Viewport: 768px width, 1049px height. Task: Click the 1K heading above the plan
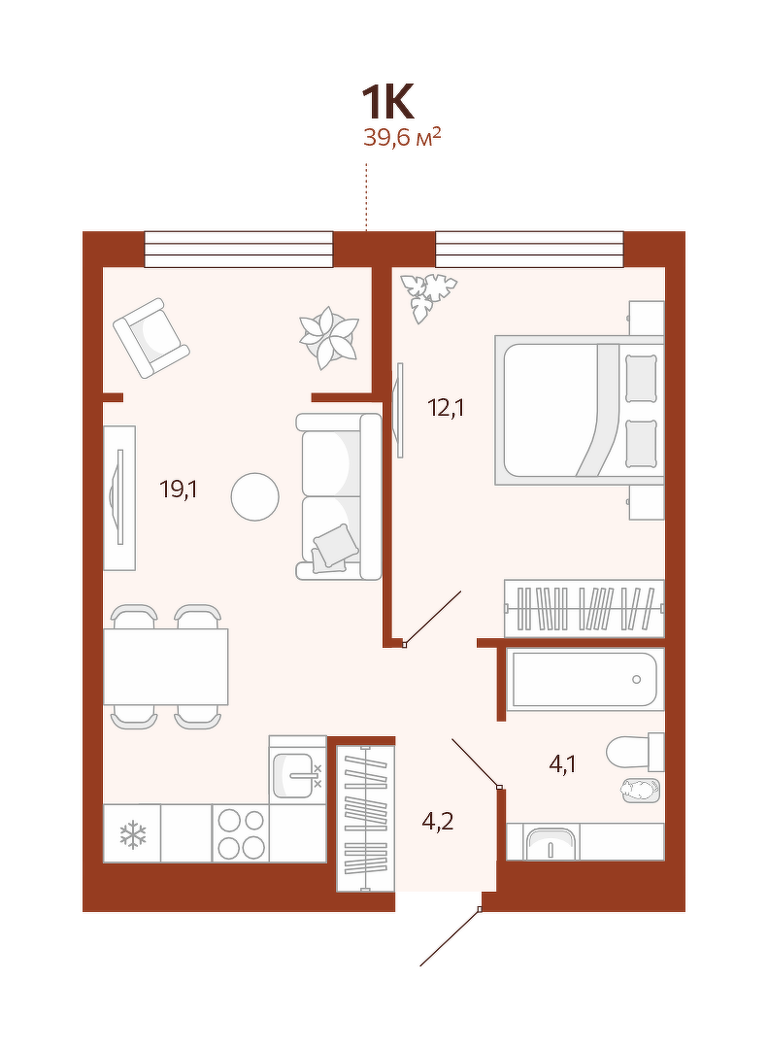pyautogui.click(x=388, y=103)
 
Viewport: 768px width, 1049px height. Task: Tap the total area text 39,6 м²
pyautogui.click(x=401, y=137)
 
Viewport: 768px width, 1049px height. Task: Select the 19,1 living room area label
pyautogui.click(x=179, y=490)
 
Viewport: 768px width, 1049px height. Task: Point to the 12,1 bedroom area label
pyautogui.click(x=446, y=407)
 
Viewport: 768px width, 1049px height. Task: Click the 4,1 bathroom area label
pyautogui.click(x=562, y=764)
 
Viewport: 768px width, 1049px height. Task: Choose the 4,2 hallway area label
pyautogui.click(x=438, y=820)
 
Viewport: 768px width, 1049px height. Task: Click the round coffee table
pyautogui.click(x=255, y=496)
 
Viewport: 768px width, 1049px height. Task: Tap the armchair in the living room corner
pyautogui.click(x=151, y=338)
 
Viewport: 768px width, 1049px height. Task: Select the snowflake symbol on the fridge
pyautogui.click(x=132, y=835)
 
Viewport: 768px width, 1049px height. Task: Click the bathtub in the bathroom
pyautogui.click(x=584, y=680)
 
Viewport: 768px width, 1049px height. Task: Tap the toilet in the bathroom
pyautogui.click(x=635, y=751)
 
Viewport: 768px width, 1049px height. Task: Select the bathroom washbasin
pyautogui.click(x=551, y=844)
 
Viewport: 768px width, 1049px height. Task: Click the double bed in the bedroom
pyautogui.click(x=580, y=410)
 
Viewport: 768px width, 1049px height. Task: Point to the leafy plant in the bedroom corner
pyautogui.click(x=427, y=295)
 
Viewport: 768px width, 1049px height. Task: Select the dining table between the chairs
pyautogui.click(x=166, y=666)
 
